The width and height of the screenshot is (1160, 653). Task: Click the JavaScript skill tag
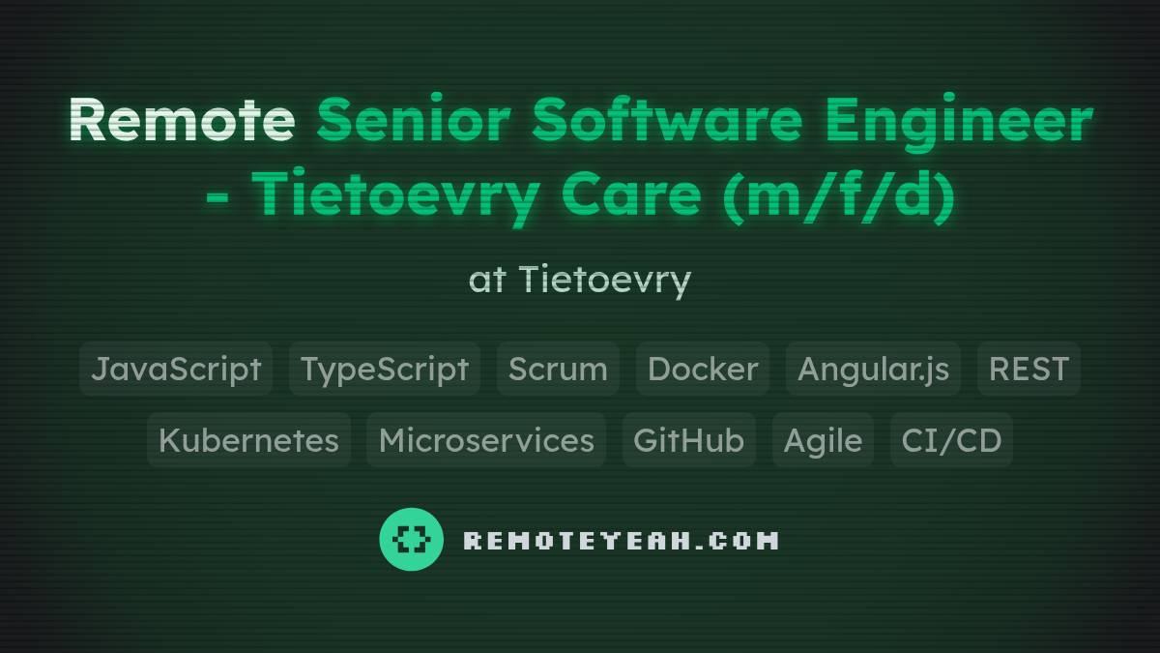176,369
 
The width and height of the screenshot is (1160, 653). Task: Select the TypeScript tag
385,369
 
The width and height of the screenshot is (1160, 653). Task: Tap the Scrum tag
558,369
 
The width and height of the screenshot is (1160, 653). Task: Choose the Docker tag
703,369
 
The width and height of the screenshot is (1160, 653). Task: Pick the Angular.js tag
873,369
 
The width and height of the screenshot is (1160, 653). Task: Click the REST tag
1029,369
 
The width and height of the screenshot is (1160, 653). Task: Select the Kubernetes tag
248,440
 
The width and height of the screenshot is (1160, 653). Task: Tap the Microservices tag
486,440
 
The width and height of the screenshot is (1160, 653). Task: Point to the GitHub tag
688,440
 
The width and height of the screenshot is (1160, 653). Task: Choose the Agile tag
823,440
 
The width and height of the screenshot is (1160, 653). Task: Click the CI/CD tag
951,440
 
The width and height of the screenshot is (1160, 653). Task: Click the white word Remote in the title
182,120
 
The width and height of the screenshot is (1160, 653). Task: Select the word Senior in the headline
414,120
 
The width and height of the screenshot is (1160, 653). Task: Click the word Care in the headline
630,193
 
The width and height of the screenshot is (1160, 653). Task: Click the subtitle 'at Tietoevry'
580,280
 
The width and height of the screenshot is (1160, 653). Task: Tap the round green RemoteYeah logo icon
411,539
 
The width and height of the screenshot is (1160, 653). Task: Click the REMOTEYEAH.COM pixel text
621,540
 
